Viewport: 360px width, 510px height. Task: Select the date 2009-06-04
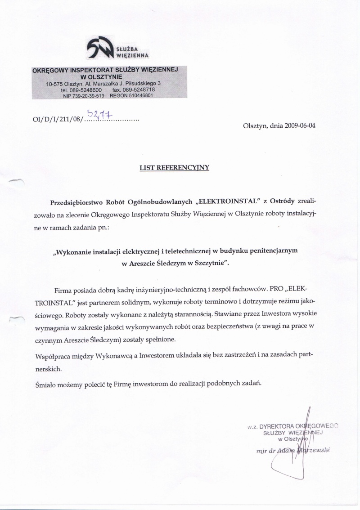click(x=300, y=126)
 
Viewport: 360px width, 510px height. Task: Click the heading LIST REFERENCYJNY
click(x=175, y=168)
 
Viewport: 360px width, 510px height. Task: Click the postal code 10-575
click(x=54, y=84)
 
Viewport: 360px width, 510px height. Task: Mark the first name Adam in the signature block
click(x=278, y=450)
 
